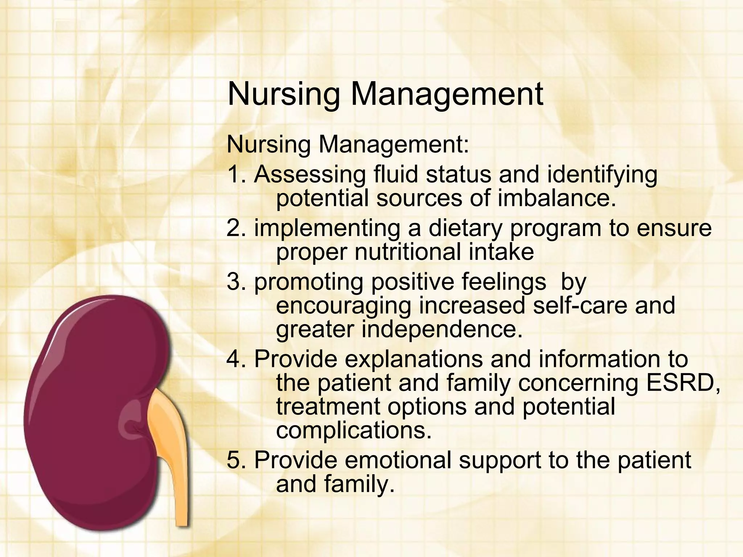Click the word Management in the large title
coord(447,94)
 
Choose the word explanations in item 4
coord(414,359)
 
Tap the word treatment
coord(328,407)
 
